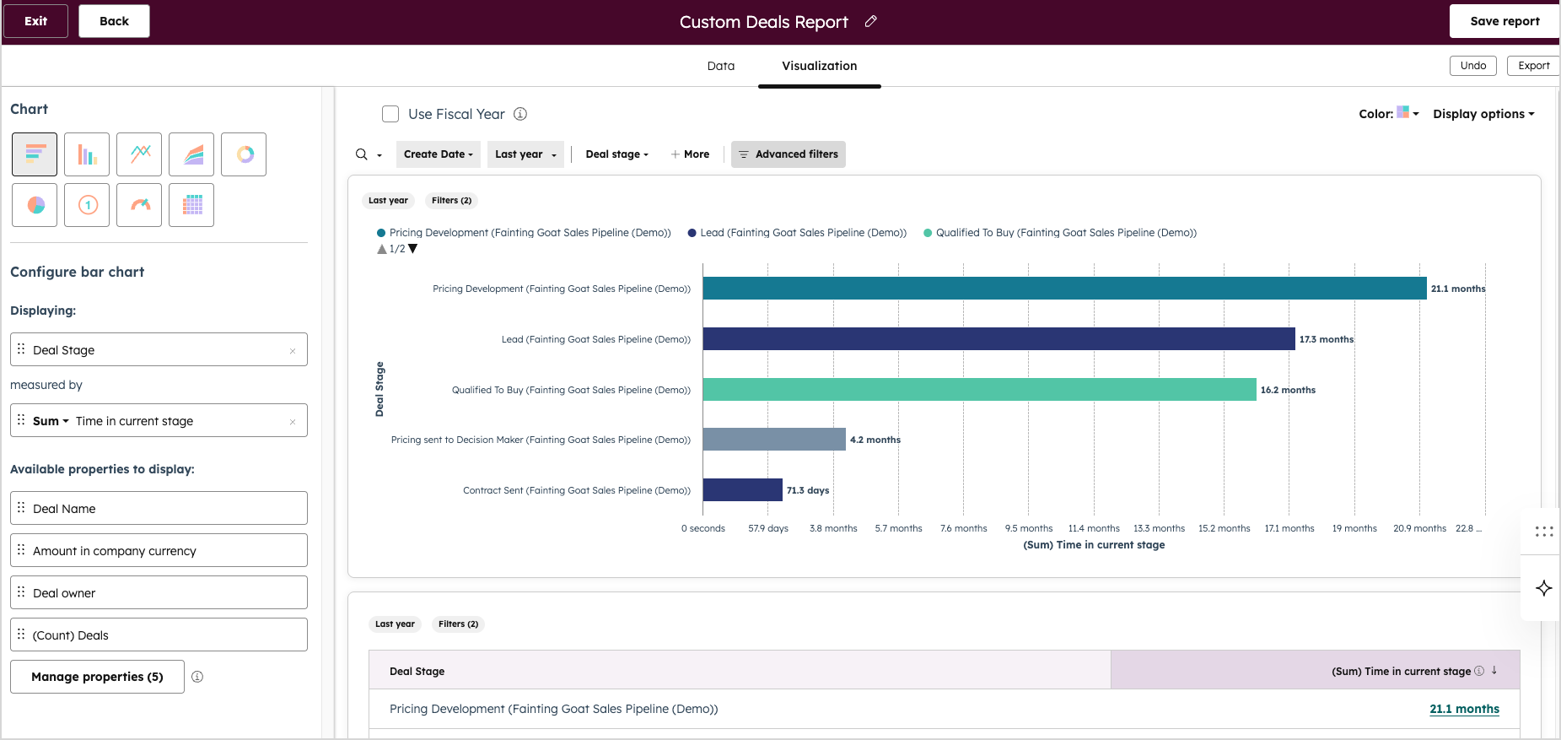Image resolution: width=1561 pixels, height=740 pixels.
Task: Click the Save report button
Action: point(1504,21)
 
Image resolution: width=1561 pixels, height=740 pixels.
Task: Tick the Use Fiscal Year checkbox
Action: point(390,114)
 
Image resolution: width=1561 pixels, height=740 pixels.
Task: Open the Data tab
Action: point(720,66)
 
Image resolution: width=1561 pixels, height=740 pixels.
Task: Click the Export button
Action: point(1532,66)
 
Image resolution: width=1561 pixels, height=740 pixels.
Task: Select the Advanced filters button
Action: point(788,154)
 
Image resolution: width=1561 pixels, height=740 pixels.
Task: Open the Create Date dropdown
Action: point(438,154)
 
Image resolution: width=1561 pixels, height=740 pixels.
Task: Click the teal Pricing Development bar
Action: point(1064,289)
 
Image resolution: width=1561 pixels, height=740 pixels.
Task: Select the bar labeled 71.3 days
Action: point(742,490)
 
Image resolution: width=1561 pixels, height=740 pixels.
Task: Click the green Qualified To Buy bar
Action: point(978,390)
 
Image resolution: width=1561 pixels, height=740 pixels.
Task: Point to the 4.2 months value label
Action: point(875,440)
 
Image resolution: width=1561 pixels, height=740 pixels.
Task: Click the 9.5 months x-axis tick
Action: point(1028,528)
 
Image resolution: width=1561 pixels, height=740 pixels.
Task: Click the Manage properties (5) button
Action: point(97,677)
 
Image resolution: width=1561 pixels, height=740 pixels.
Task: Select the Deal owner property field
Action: point(159,593)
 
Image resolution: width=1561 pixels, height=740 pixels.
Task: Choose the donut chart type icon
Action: point(244,154)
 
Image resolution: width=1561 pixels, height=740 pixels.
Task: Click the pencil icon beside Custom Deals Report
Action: point(871,22)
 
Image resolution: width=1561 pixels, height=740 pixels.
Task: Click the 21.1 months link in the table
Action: point(1464,709)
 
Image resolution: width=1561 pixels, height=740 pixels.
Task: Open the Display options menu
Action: point(1483,114)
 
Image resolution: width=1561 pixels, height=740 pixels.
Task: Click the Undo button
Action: point(1472,66)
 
